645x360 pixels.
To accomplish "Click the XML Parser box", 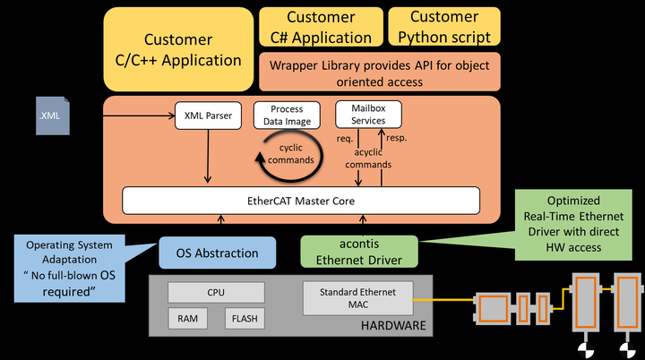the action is (208, 116).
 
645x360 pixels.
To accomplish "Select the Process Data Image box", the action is (287, 116).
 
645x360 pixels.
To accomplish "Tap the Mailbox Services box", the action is (368, 115).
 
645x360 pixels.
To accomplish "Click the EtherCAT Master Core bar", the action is (301, 201).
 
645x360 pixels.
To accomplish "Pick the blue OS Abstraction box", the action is (217, 253).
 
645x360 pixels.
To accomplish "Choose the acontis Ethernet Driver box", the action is (359, 252).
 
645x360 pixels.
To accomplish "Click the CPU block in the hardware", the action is (216, 293).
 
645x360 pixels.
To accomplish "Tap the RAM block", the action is (187, 319).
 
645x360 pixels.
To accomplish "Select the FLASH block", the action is (245, 319).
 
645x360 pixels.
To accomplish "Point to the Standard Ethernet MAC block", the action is (357, 298).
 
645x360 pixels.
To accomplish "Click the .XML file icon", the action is (53, 116).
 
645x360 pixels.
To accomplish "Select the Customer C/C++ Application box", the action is (178, 49).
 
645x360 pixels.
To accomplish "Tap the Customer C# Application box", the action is (321, 27).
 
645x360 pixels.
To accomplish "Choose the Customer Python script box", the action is (444, 27).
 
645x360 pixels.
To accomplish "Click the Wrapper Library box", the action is (380, 72).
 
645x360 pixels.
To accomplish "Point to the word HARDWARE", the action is (393, 325).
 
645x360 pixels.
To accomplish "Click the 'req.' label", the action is (345, 139).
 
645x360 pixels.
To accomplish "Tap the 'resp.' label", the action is (397, 138).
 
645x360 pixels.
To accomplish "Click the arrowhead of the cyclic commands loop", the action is (260, 158).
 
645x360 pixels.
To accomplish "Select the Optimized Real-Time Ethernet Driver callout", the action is (573, 225).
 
